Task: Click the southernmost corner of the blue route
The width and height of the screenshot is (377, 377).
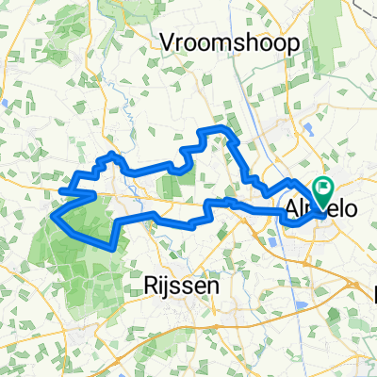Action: pyautogui.click(x=114, y=245)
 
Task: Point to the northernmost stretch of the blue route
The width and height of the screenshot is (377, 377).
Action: pyautogui.click(x=219, y=127)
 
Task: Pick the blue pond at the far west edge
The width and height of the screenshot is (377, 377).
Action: pyautogui.click(x=5, y=105)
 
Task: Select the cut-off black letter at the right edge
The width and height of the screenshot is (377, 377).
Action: pyautogui.click(x=374, y=295)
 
